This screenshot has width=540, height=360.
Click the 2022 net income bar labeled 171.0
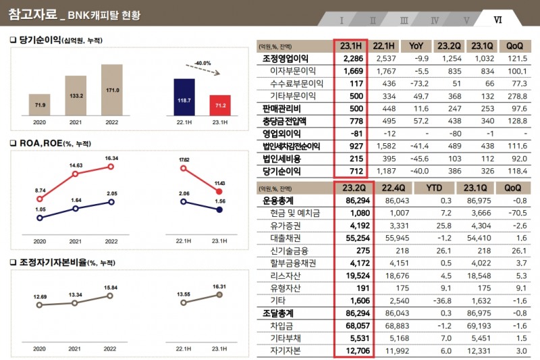pos(112,91)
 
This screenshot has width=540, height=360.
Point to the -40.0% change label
pos(202,62)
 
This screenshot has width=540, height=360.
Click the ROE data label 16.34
pos(111,159)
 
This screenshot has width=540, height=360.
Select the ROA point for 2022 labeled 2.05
pos(112,202)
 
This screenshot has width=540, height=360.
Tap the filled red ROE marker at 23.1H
pos(220,192)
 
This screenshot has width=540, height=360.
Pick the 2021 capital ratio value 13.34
pos(76,294)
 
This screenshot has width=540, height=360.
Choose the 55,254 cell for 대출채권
pos(351,238)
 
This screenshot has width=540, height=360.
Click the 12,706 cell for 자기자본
pos(351,351)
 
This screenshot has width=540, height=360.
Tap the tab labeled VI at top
pos(498,20)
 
